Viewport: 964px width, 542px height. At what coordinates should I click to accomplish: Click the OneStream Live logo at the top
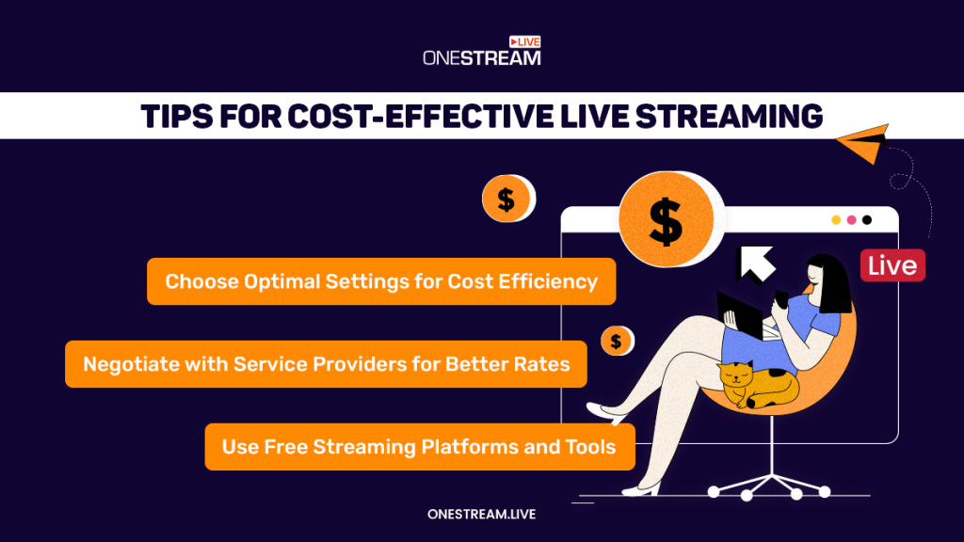pyautogui.click(x=481, y=52)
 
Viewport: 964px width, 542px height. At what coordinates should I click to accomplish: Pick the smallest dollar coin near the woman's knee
pyautogui.click(x=616, y=341)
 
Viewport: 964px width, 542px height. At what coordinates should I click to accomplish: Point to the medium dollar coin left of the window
pyautogui.click(x=506, y=199)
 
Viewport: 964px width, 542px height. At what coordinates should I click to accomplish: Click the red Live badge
pyautogui.click(x=892, y=265)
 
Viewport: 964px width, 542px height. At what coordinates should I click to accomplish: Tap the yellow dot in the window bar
pyautogui.click(x=835, y=220)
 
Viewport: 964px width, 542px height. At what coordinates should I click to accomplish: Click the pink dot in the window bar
pyautogui.click(x=851, y=220)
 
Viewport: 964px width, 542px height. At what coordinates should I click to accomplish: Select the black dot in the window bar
pyautogui.click(x=867, y=220)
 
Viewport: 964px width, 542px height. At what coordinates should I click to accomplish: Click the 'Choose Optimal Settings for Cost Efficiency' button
pyautogui.click(x=381, y=281)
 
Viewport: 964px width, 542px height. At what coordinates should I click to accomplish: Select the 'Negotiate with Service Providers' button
pyautogui.click(x=326, y=364)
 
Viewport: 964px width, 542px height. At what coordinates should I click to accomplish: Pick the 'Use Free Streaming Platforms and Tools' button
pyautogui.click(x=419, y=447)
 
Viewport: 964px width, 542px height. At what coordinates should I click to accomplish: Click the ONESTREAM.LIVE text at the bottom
pyautogui.click(x=481, y=514)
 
